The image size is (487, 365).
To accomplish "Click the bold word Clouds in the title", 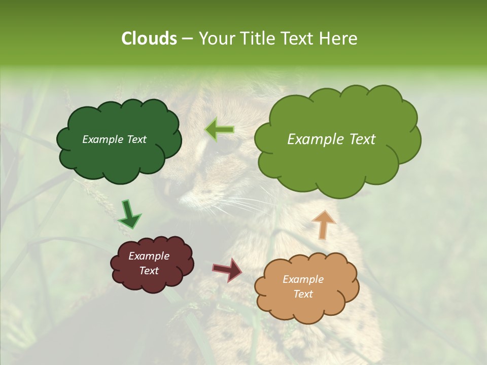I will click(x=149, y=39).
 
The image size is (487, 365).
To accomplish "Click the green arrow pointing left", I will click(x=219, y=130).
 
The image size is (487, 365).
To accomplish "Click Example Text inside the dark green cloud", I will click(x=114, y=139).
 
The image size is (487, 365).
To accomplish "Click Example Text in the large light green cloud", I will click(x=331, y=139).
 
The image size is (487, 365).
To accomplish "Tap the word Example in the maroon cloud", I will click(x=149, y=256).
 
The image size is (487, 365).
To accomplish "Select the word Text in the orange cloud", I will click(x=303, y=294).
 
